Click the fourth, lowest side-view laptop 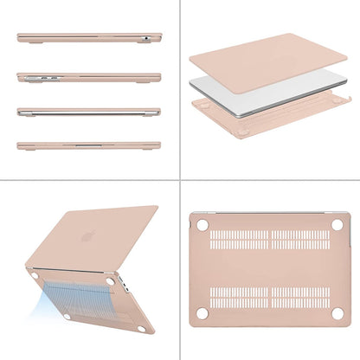tap(87, 145)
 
